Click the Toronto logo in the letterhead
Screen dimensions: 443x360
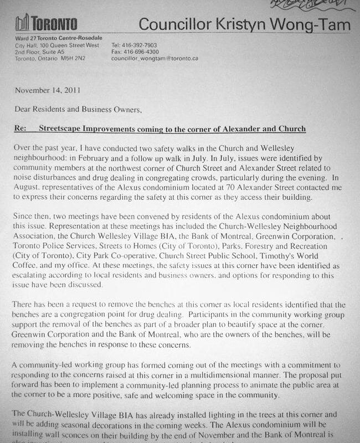(47, 24)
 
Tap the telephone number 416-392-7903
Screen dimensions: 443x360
(143, 45)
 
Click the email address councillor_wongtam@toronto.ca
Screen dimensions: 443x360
(155, 58)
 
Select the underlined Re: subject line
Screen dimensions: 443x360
(160, 129)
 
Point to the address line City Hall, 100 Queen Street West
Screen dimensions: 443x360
(57, 45)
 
